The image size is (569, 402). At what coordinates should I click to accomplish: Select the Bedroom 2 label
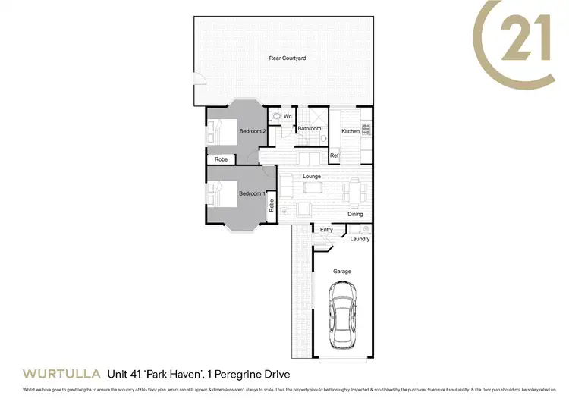click(252, 131)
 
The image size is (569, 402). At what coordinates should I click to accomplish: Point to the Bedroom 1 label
click(252, 193)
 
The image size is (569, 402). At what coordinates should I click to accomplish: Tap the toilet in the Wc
click(277, 117)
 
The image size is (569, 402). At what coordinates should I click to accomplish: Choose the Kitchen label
click(350, 131)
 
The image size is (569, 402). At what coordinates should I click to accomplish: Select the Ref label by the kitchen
click(334, 155)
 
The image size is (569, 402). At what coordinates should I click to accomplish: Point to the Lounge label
click(312, 177)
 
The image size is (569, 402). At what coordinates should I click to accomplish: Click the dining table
click(354, 190)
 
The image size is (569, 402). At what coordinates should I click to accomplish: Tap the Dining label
click(355, 214)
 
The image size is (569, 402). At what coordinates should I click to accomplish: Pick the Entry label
click(326, 230)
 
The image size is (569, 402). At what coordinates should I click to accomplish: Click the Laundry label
click(360, 239)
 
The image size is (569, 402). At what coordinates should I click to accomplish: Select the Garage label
click(342, 271)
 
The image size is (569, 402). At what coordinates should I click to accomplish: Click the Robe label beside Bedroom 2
click(222, 159)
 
